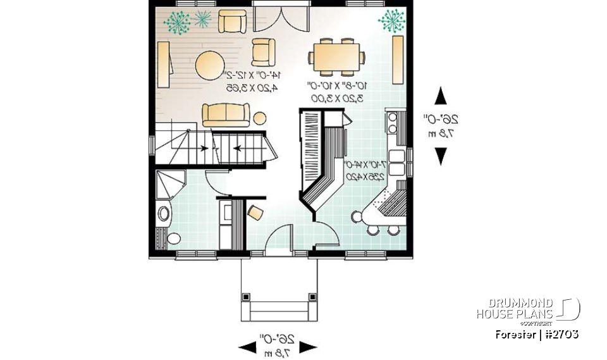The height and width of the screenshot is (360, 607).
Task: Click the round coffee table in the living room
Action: pyautogui.click(x=209, y=65)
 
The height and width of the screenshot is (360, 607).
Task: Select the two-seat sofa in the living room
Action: pyautogui.click(x=226, y=115)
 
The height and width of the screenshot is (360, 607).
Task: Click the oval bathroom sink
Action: pyautogui.click(x=164, y=214)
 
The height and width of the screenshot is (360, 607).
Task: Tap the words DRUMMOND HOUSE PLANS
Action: pyautogui.click(x=515, y=308)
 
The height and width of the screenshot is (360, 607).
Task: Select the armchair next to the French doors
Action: pyautogui.click(x=231, y=22)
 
